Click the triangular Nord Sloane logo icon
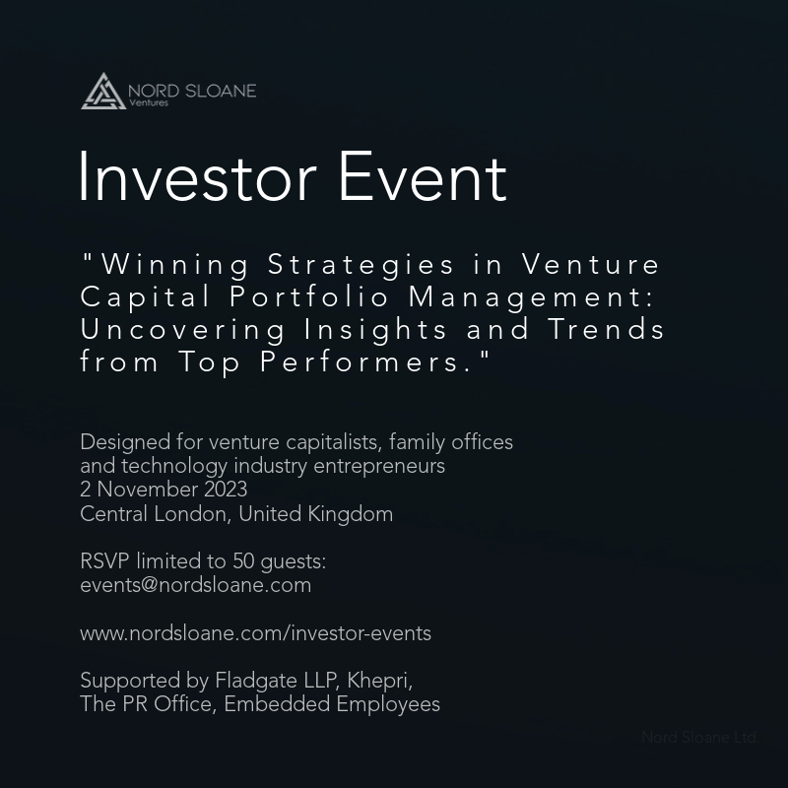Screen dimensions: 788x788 point(102,91)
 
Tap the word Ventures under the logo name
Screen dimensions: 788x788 point(149,102)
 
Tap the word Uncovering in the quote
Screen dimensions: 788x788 point(183,329)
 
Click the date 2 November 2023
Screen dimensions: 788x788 point(164,490)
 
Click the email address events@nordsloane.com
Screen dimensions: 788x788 point(195,585)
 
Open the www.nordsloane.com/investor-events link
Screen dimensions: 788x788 point(255,633)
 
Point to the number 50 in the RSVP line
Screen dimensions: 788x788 point(243,561)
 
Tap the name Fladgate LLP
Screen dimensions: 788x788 point(273,681)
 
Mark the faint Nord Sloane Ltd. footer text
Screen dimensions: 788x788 point(699,737)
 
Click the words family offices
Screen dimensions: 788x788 point(458,442)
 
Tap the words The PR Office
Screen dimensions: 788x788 point(146,704)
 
